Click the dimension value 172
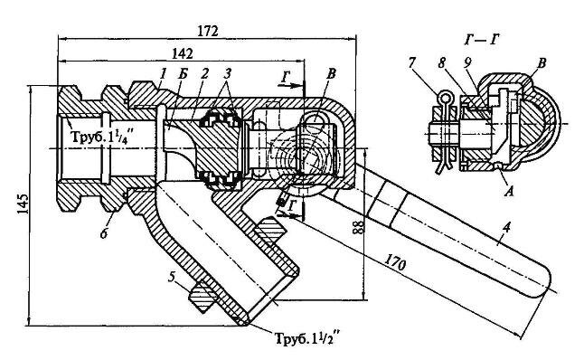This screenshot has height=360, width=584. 207,32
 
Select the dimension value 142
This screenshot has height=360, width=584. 183,54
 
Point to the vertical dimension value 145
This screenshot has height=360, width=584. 23,204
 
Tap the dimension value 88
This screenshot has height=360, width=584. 358,226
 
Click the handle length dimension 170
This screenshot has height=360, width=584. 395,262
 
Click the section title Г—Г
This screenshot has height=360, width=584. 482,39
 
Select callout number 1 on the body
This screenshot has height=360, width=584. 162,74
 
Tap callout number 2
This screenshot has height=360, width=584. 203,74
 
